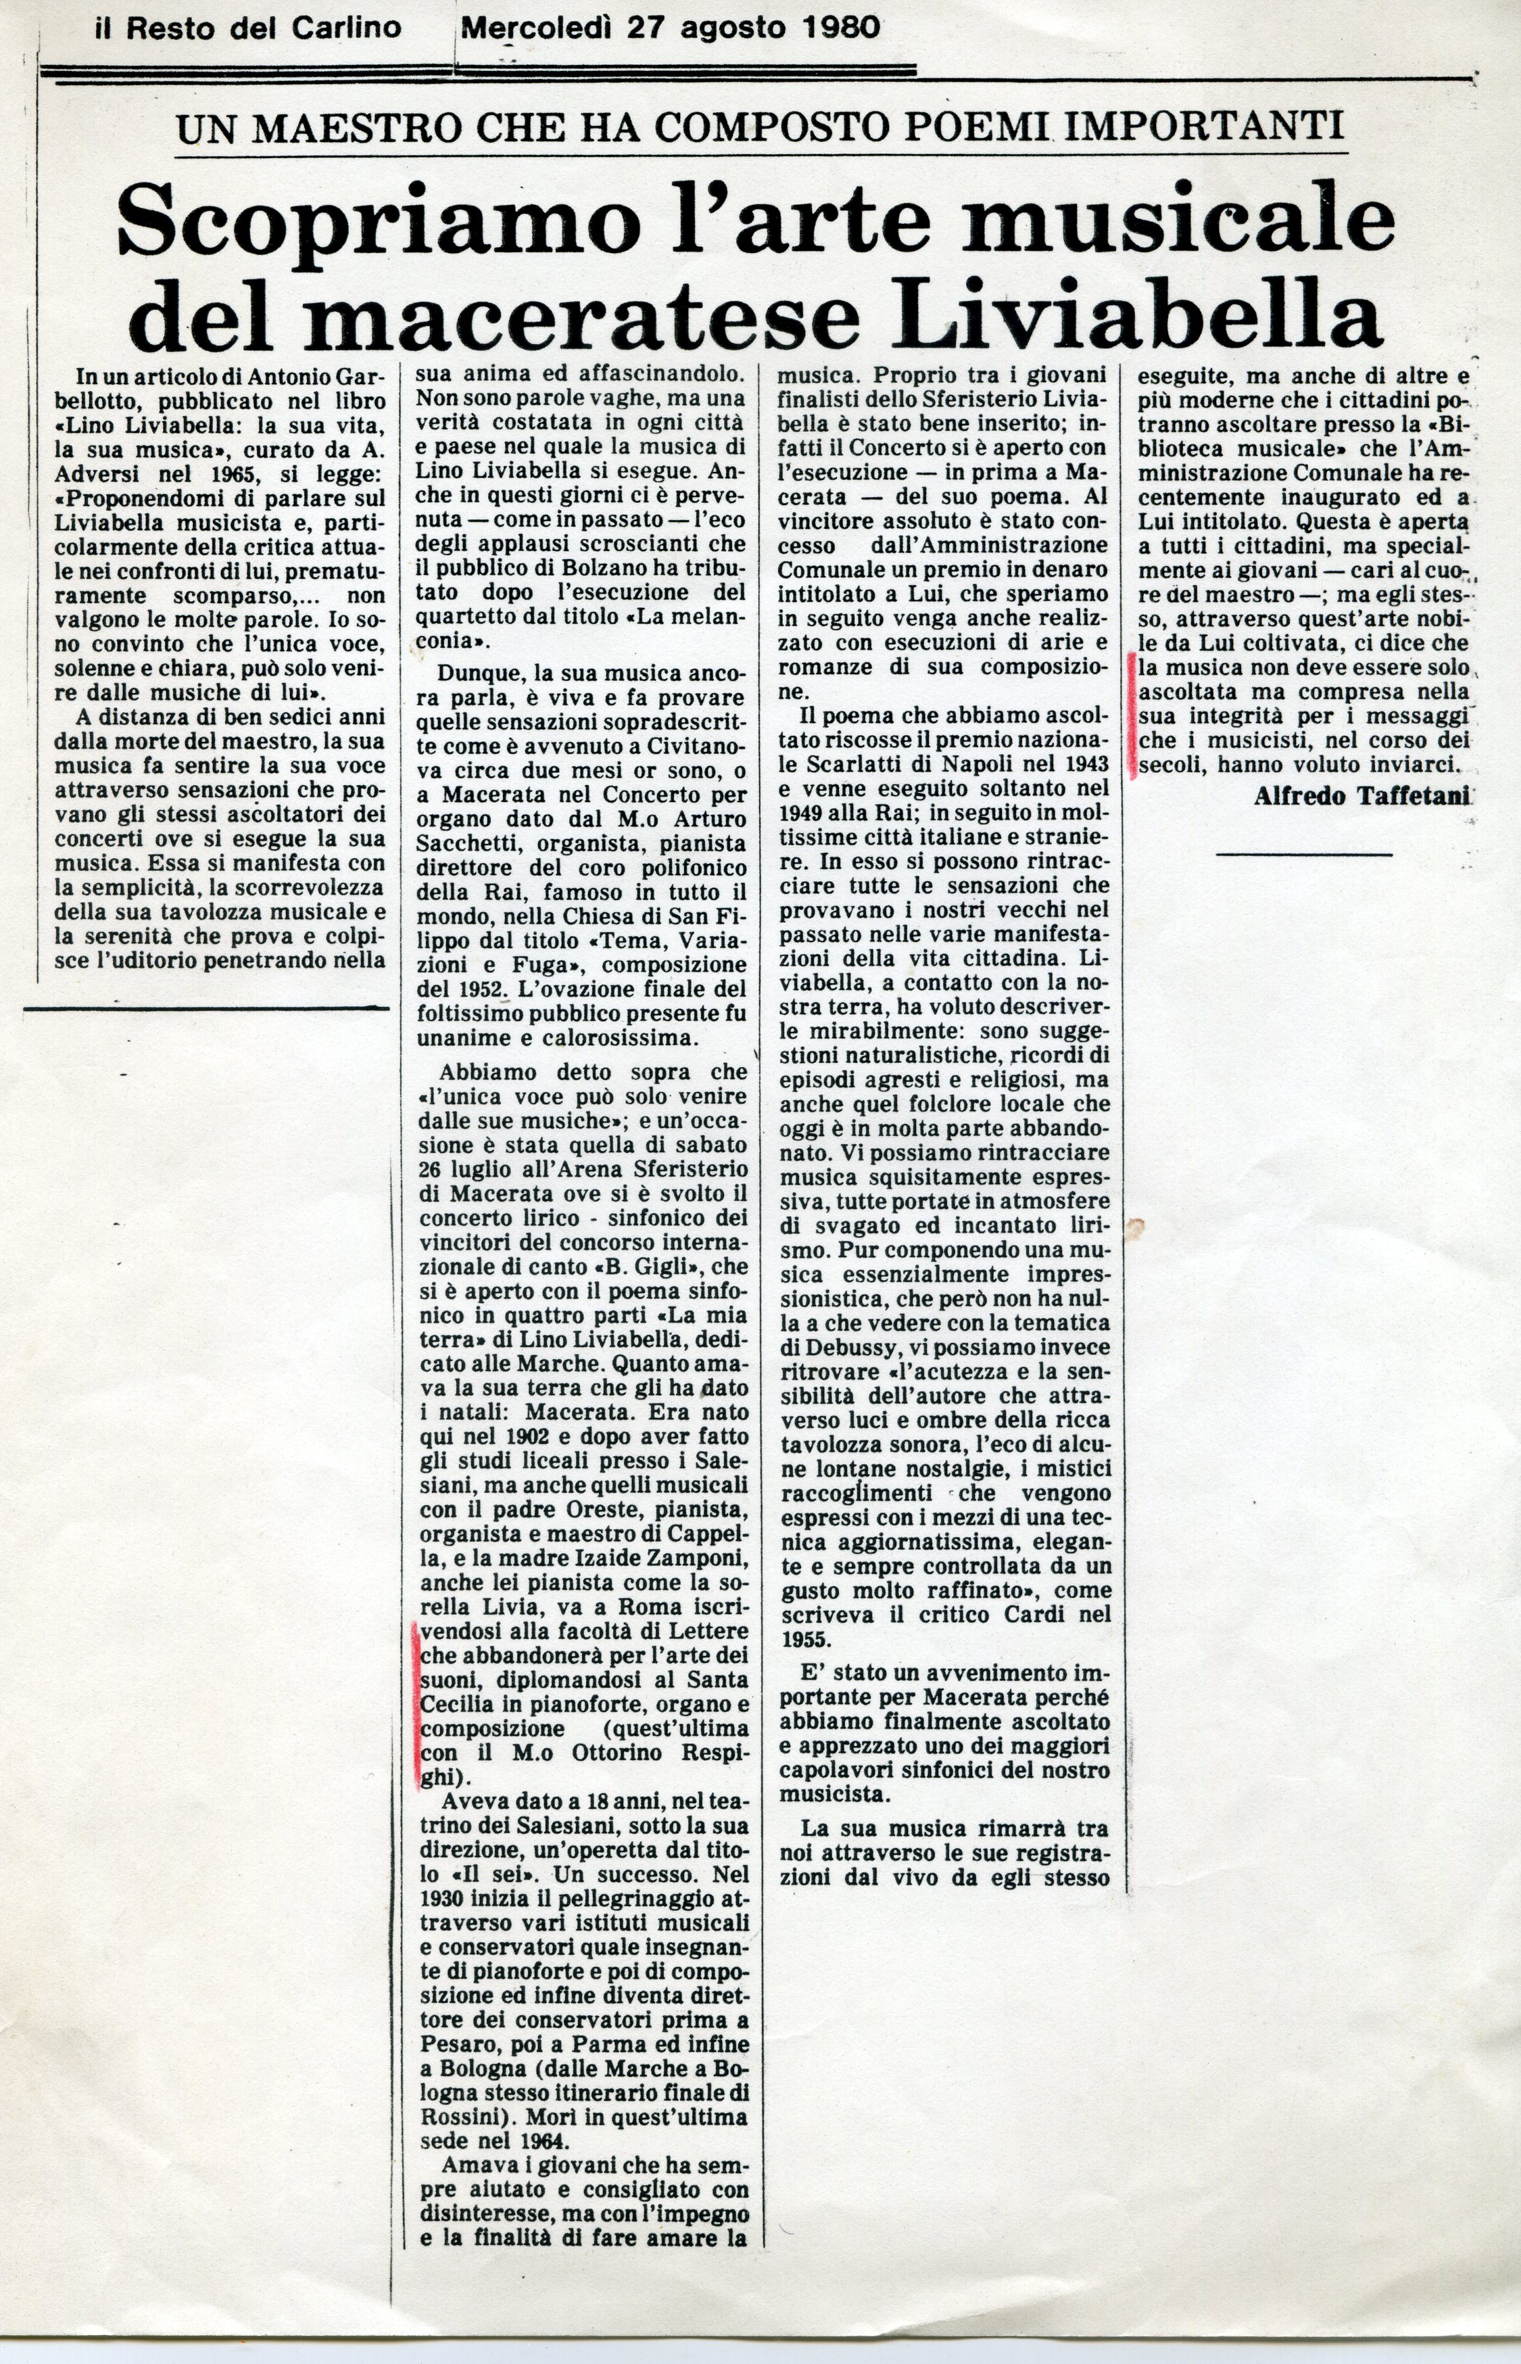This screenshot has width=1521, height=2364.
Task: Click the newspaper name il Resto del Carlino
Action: pyautogui.click(x=248, y=28)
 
